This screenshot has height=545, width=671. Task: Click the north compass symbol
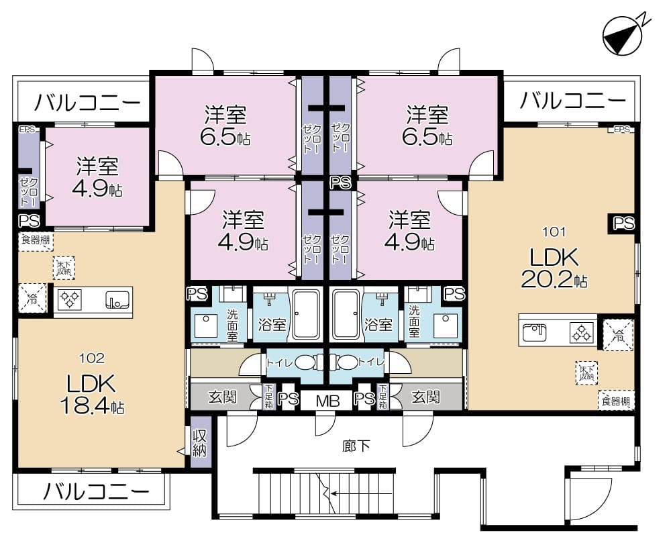tap(622, 36)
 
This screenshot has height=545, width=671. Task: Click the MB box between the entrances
tap(327, 401)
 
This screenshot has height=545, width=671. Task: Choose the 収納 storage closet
tap(200, 442)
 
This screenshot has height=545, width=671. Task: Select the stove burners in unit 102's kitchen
tap(69, 300)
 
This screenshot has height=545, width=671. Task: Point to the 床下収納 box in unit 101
tap(586, 373)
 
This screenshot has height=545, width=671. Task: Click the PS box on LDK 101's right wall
tap(623, 224)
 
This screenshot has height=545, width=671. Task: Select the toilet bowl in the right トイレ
tap(346, 363)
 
